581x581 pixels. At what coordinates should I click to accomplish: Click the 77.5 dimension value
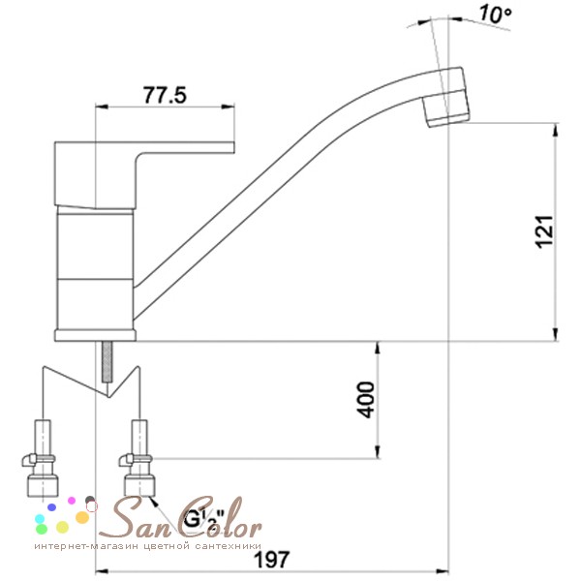(165, 95)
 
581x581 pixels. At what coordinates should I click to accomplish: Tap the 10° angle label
(496, 15)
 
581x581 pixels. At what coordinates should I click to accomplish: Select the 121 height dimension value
(544, 231)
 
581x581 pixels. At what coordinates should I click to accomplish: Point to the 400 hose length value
(365, 400)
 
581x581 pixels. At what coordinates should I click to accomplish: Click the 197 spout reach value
(271, 559)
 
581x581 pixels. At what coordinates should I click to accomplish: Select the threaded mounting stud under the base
(107, 361)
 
